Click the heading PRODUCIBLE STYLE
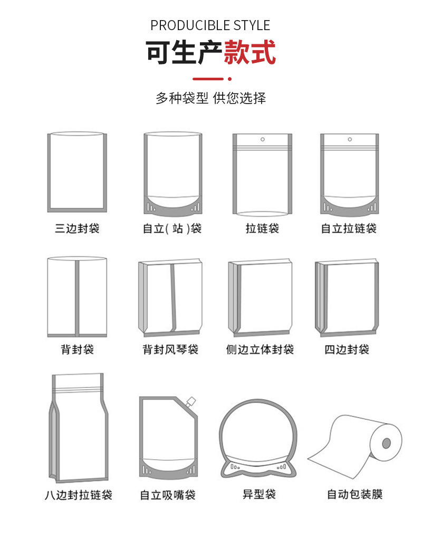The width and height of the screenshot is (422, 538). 210,25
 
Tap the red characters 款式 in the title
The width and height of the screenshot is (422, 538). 250,52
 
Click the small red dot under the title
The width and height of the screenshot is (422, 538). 230,79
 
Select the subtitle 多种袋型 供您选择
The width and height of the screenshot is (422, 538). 210,98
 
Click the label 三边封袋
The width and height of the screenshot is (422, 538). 77,228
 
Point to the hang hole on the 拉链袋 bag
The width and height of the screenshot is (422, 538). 262,140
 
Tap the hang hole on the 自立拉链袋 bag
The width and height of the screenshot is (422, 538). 350,140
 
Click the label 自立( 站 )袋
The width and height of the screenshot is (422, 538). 172,228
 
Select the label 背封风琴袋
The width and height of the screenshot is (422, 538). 170,350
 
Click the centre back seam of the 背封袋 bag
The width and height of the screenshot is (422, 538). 77,298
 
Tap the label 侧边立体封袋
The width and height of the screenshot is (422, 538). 260,350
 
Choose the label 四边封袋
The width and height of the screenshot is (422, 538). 347,350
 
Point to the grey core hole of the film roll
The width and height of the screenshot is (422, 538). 386,443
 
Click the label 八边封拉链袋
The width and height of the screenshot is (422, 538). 79,495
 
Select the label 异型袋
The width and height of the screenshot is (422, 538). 260,495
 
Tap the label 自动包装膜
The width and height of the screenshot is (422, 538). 355,495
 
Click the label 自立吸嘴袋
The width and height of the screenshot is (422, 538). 168,495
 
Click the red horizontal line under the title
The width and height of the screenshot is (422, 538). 208,79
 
